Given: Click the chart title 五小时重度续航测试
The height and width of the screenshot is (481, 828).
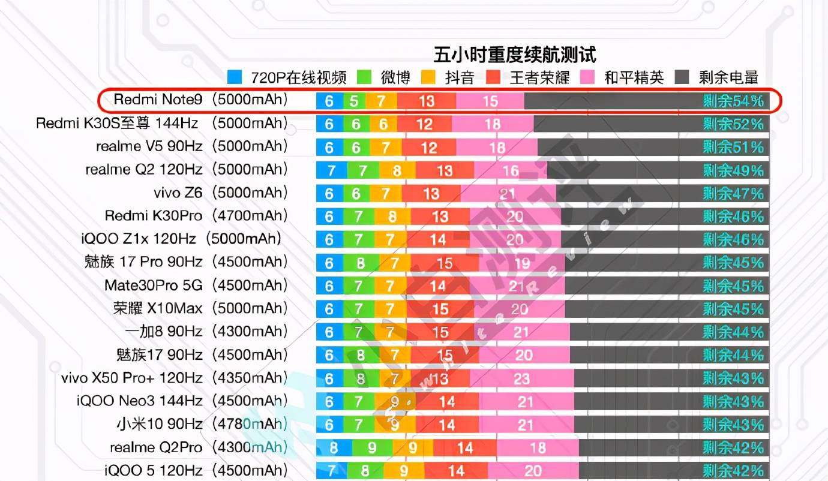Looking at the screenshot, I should (515, 55).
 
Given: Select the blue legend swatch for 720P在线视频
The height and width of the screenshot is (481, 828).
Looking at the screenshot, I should (235, 77).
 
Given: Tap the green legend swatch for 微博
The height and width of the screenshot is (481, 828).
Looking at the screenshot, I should (364, 77).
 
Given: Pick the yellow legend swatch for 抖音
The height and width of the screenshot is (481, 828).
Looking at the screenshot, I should (428, 77).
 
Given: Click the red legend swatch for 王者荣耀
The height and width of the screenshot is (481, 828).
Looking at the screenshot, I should (493, 77).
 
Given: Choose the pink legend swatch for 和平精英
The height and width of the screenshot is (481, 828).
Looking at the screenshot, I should (587, 77).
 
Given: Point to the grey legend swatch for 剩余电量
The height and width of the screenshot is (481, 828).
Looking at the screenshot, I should (682, 77).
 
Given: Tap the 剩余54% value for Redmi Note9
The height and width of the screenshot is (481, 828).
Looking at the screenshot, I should (733, 101).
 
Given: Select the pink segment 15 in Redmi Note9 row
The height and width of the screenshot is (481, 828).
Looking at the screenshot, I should (490, 101).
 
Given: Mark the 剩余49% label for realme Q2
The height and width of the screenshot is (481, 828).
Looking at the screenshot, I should (733, 171).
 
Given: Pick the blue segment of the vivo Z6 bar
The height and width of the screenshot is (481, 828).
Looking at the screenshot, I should (329, 194).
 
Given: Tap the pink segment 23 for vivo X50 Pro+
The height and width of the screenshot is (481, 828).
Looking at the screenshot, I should (522, 378).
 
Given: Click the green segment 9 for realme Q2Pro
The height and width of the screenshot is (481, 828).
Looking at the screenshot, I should (372, 447).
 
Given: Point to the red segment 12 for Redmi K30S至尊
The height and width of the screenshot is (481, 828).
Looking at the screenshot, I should (424, 124).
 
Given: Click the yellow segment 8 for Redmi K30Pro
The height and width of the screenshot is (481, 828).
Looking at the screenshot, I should (392, 217).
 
